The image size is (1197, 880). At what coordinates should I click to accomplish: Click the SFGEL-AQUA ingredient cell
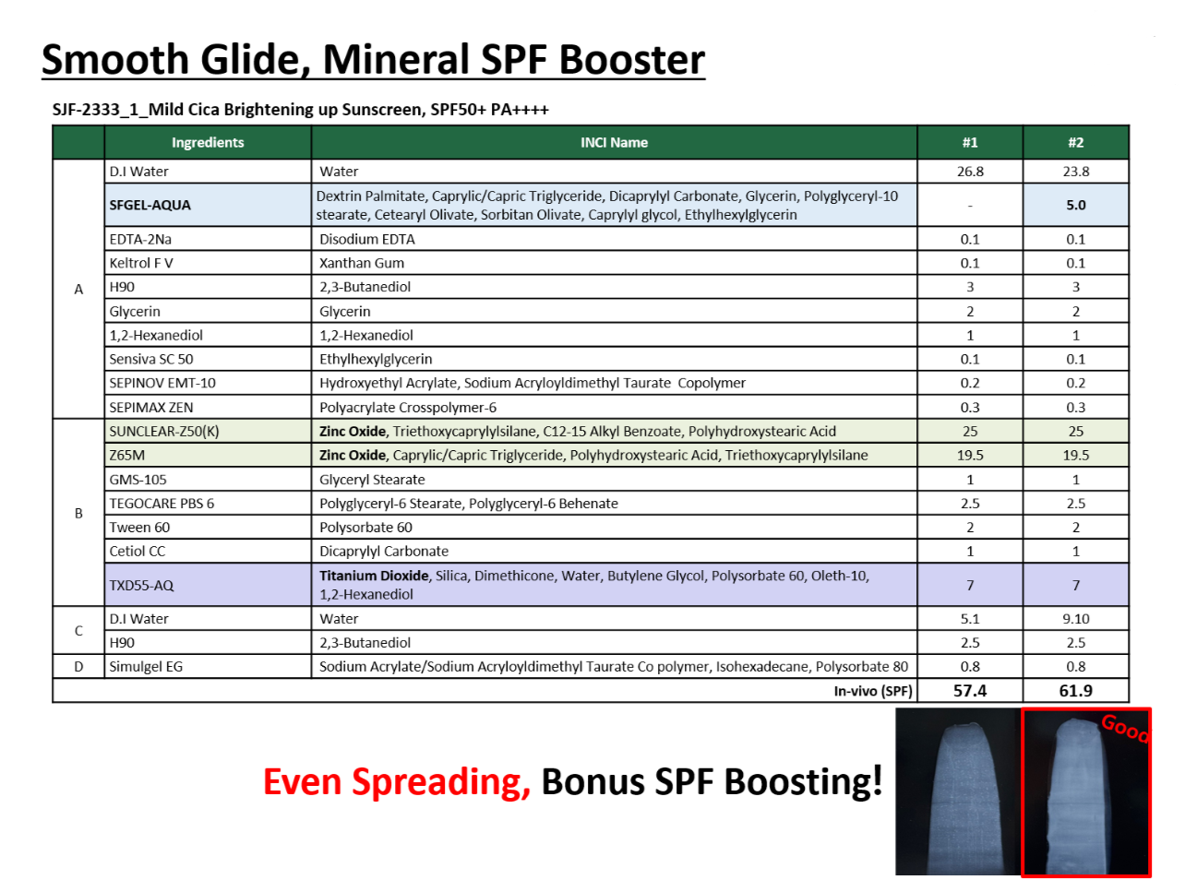pyautogui.click(x=208, y=205)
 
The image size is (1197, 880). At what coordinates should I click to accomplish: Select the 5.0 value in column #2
pyautogui.click(x=1076, y=205)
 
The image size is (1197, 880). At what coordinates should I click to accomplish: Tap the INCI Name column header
pyautogui.click(x=614, y=143)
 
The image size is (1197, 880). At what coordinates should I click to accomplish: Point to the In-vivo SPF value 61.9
pyautogui.click(x=1076, y=690)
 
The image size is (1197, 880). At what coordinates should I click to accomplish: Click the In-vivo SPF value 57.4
pyautogui.click(x=970, y=690)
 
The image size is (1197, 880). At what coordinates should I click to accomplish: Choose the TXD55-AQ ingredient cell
pyautogui.click(x=208, y=585)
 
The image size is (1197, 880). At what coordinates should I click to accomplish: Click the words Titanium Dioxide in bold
pyautogui.click(x=374, y=576)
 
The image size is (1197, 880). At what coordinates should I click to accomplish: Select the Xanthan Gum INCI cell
pyautogui.click(x=614, y=263)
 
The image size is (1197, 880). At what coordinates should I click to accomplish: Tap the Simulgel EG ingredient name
pyautogui.click(x=146, y=666)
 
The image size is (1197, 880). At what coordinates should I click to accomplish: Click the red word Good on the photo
pyautogui.click(x=1125, y=729)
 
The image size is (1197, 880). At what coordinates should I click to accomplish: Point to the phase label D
pyautogui.click(x=78, y=666)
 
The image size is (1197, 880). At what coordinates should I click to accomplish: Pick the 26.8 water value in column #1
pyautogui.click(x=970, y=172)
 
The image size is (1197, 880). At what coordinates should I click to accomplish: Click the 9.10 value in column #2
pyautogui.click(x=1076, y=619)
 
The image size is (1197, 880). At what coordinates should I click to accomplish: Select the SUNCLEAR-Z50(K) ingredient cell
pyautogui.click(x=208, y=432)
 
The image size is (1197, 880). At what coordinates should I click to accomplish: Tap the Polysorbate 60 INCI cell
pyautogui.click(x=614, y=528)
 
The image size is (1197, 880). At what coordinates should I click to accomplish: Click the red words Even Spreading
pyautogui.click(x=397, y=783)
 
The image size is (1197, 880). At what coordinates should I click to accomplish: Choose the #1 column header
pyautogui.click(x=970, y=143)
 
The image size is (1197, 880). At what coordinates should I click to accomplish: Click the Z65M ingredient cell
pyautogui.click(x=208, y=456)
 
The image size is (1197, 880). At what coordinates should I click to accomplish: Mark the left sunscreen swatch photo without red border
pyautogui.click(x=958, y=791)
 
